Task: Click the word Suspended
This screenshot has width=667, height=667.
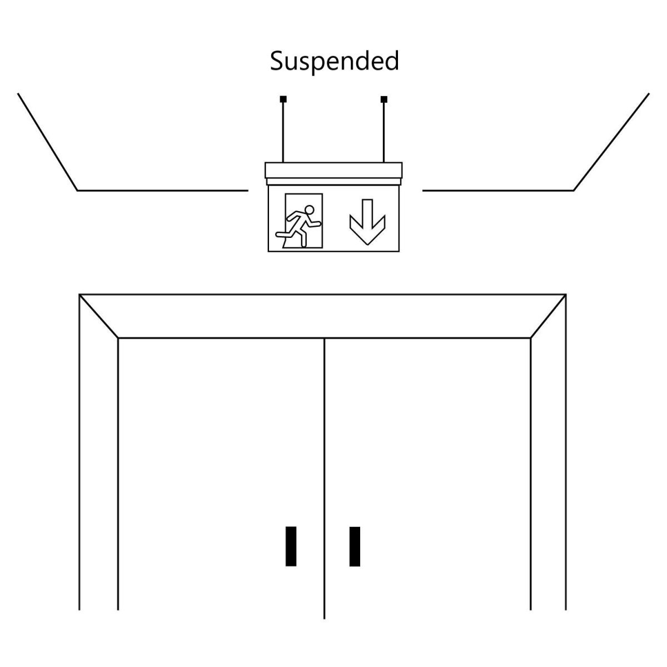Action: click(334, 61)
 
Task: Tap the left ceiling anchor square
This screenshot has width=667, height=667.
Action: click(283, 99)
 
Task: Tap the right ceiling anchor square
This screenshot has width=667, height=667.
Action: click(384, 99)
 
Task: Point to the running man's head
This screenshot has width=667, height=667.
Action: click(310, 210)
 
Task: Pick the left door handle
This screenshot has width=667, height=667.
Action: click(291, 546)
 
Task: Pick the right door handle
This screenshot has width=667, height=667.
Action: click(355, 546)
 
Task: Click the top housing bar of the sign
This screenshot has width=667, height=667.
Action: click(333, 170)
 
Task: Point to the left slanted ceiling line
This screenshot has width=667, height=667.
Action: click(48, 142)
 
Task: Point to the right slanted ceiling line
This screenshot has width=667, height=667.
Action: click(611, 142)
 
